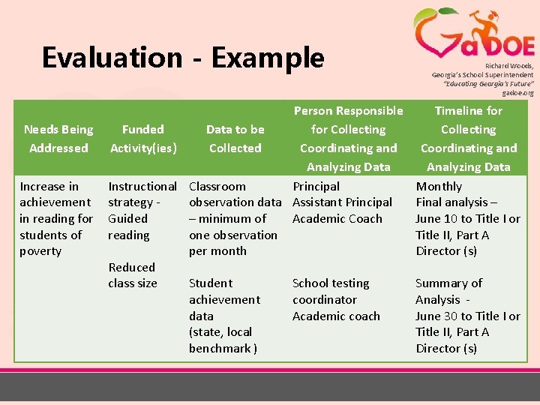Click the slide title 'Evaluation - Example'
(x=183, y=58)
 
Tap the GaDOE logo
(x=474, y=34)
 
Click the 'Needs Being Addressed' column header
(x=58, y=139)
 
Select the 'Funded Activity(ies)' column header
(x=143, y=139)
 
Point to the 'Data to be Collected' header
(x=235, y=139)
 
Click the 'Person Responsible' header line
(x=348, y=111)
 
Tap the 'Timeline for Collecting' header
(x=469, y=120)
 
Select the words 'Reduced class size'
(x=133, y=275)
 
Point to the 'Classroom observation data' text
(x=235, y=194)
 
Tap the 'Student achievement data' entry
(x=224, y=299)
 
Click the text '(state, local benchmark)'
(x=223, y=340)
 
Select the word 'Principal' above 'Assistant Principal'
(x=316, y=186)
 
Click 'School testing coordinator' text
(x=331, y=291)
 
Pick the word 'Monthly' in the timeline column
(x=439, y=186)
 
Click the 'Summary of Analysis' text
(x=448, y=291)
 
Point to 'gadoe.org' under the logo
(x=517, y=93)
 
